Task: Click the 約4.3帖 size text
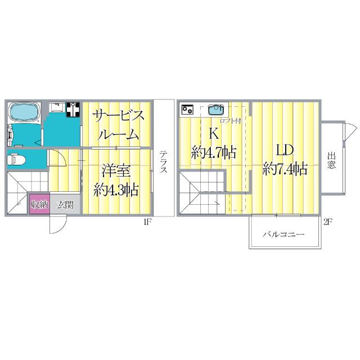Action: [116, 189]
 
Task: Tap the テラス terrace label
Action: [162, 163]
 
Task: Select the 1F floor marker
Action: [147, 222]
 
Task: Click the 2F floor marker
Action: [327, 222]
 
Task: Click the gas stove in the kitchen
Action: [187, 109]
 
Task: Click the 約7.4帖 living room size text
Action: [285, 168]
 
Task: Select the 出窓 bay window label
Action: [332, 161]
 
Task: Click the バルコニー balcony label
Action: [284, 234]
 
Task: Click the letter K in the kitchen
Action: [214, 134]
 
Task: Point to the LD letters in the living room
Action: [283, 150]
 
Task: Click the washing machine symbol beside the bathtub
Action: [73, 109]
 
